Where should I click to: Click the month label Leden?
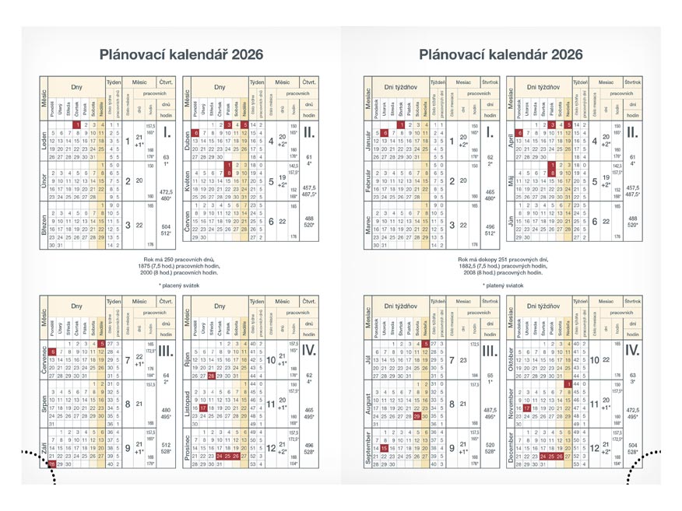44,142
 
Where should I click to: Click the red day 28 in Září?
52,464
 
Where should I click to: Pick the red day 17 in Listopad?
202,407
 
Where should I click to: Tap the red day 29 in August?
418,416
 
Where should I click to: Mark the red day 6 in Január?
384,133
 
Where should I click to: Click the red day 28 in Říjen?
211,376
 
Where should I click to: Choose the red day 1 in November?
569,384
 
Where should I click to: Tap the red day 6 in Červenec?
52,352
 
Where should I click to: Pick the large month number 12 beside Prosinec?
271,448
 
